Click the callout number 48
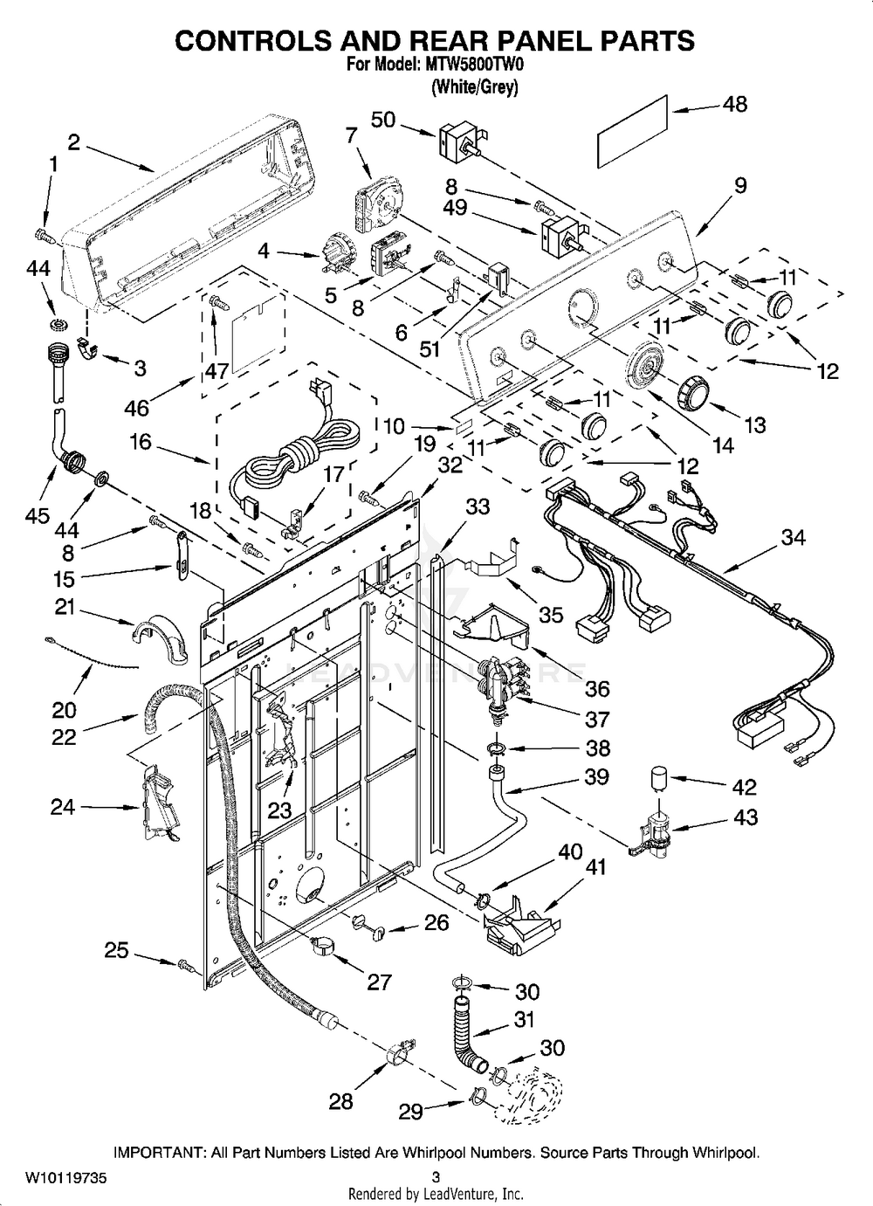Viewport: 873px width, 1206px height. tap(735, 104)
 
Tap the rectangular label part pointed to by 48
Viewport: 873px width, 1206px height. tap(634, 132)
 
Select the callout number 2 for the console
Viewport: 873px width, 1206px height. tap(73, 142)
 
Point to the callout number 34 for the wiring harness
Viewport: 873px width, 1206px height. tap(793, 538)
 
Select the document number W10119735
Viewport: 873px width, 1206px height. tap(65, 1177)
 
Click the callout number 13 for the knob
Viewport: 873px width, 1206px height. tap(753, 424)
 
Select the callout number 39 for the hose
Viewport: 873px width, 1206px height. tap(596, 776)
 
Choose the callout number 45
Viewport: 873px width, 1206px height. tap(38, 515)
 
